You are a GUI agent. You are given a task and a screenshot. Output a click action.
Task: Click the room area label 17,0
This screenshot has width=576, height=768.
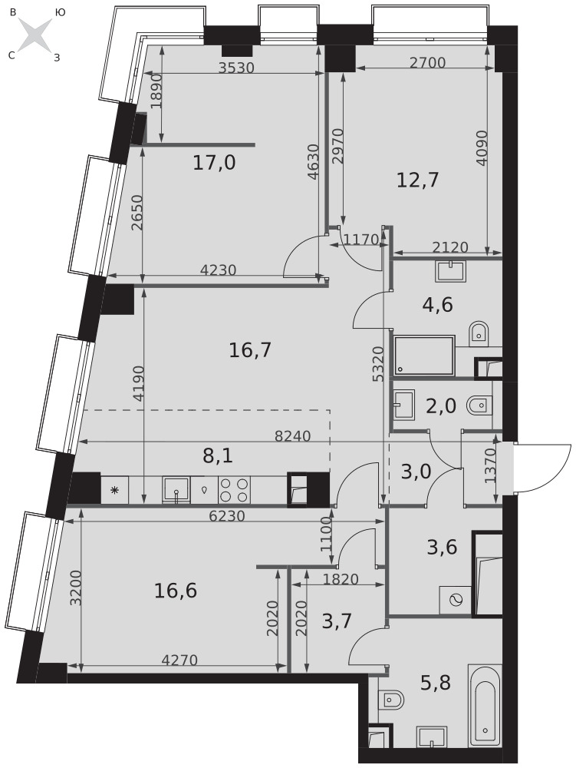pos(214,163)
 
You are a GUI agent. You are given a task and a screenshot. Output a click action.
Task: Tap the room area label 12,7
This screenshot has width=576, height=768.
pos(417,180)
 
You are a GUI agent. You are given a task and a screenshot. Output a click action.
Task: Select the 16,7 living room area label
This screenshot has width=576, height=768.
pos(250,350)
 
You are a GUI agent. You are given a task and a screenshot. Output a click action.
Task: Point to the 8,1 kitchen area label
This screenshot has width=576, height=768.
pos(218,455)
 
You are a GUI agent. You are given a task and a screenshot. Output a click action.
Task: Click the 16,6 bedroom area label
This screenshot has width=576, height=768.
pos(176,591)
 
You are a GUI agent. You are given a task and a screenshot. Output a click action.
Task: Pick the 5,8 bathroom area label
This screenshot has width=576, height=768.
pos(435,682)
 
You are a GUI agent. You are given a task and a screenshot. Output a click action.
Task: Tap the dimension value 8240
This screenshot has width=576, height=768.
pos(292,435)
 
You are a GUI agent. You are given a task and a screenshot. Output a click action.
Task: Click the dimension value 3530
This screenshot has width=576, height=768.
pos(236,68)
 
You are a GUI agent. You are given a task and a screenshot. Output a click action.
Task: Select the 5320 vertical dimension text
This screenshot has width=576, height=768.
pos(377,363)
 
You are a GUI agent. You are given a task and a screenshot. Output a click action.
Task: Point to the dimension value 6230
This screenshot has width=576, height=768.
pos(227,516)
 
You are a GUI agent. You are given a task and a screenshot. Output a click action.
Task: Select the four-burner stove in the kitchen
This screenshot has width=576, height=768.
pos(234,489)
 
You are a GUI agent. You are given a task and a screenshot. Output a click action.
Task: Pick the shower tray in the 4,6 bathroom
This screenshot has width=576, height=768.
pos(424,355)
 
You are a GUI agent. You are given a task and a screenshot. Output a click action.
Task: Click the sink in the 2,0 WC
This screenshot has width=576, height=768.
pos(404,405)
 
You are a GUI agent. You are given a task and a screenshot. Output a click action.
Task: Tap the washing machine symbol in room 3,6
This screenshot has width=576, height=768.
pos(456,600)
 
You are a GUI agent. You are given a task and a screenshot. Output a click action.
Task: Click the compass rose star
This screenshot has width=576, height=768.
pos(36,35)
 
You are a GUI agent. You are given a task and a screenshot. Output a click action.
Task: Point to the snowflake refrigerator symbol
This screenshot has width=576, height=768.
pos(115,490)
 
